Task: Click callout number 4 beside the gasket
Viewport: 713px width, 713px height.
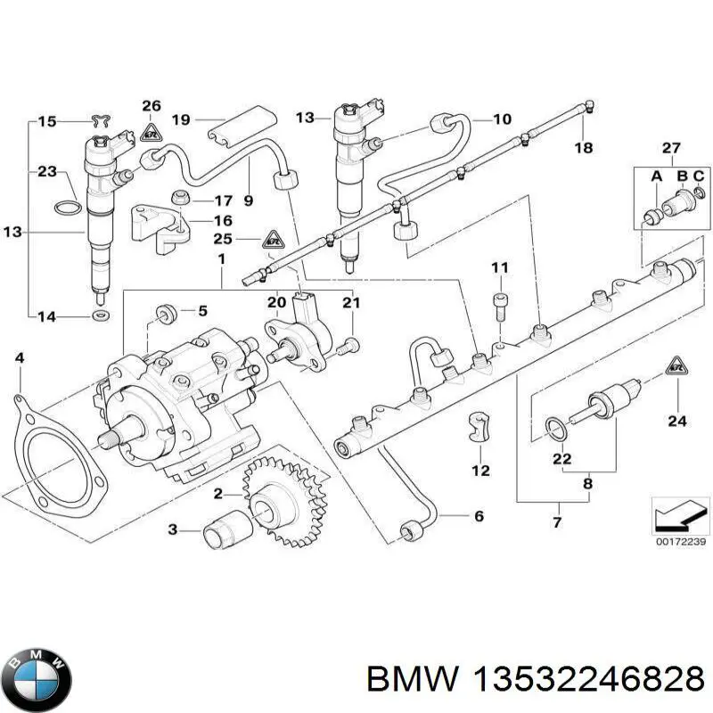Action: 19,358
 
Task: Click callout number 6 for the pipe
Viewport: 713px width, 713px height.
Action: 478,517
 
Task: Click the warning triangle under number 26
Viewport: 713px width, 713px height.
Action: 150,134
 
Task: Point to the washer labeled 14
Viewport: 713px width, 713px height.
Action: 95,316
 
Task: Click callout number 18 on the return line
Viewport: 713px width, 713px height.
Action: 584,147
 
